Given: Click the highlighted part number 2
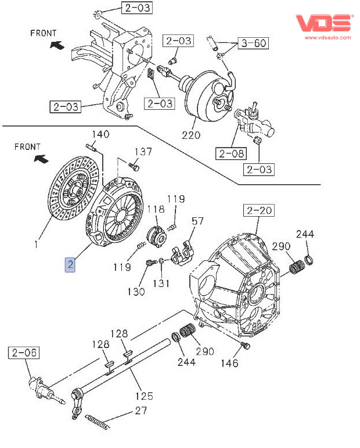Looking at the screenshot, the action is click(70, 264).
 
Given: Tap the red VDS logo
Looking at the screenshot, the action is click(323, 23).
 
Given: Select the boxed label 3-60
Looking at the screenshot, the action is click(253, 43).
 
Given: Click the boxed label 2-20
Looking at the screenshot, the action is click(258, 210).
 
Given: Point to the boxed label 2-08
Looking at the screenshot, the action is click(231, 153).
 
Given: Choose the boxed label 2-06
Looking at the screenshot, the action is click(24, 353).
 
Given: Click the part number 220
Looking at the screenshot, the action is click(191, 135).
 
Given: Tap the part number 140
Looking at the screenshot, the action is click(100, 134).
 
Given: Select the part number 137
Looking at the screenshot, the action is click(143, 152).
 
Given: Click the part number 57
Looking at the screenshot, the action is click(197, 221).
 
